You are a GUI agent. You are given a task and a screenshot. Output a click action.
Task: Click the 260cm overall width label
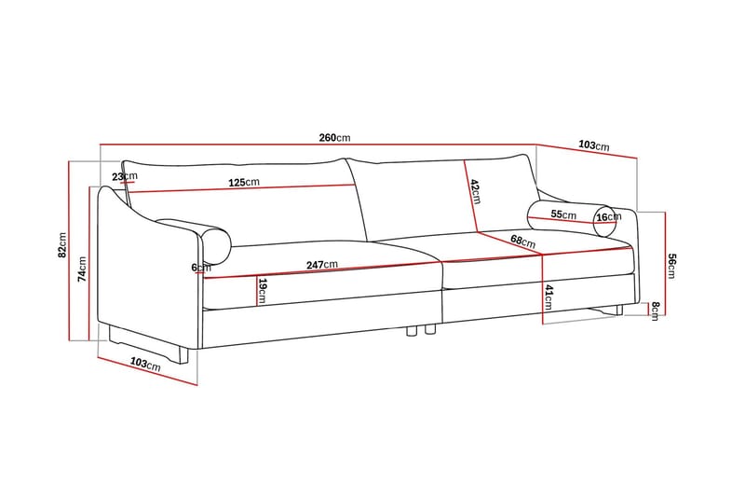[334, 138]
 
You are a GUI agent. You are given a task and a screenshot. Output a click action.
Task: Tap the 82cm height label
[62, 245]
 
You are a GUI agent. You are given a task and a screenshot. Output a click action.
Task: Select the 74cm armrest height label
[83, 269]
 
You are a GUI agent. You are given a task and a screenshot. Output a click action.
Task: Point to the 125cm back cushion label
[244, 182]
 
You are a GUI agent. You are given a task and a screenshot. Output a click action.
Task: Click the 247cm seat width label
[321, 265]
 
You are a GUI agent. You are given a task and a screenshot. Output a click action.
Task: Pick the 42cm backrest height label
[475, 191]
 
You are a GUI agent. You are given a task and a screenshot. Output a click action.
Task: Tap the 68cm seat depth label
[522, 242]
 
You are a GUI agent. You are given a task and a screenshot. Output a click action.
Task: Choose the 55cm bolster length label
[563, 214]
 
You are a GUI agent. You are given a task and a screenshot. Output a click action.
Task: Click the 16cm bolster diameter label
[609, 217]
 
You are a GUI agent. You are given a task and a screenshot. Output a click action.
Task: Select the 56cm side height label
[671, 267]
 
